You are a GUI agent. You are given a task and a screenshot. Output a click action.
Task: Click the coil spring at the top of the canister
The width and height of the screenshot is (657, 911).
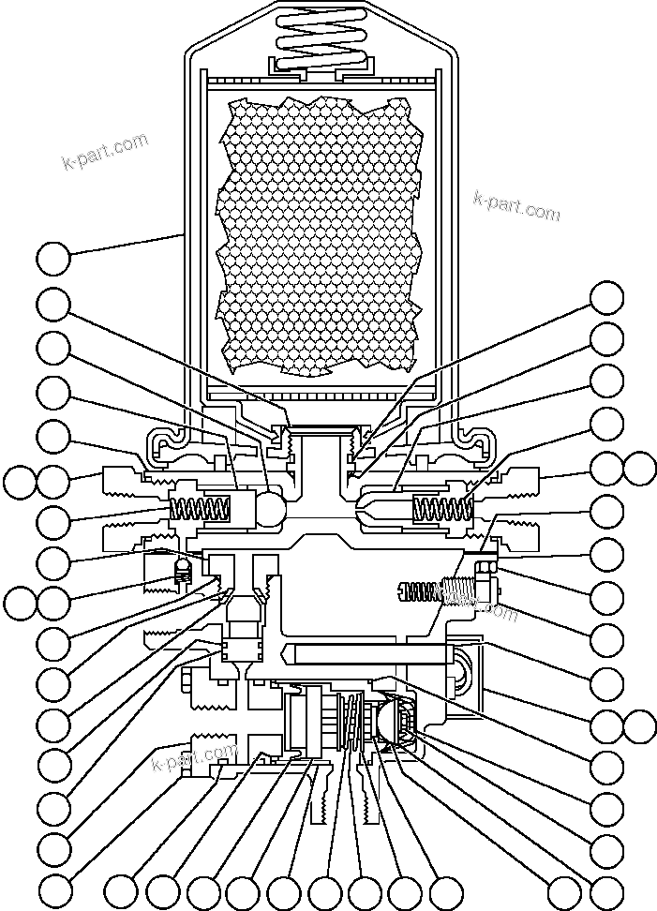coord(321,40)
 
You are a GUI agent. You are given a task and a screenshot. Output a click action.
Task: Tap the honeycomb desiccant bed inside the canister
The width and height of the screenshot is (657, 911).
coord(319,234)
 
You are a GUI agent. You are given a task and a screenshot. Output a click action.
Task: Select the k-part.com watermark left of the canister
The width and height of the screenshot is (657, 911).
coord(105,154)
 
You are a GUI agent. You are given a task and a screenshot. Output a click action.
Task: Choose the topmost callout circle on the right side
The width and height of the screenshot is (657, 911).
coord(606,298)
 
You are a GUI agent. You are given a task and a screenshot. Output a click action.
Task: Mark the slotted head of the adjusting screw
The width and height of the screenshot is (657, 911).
coord(403,590)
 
